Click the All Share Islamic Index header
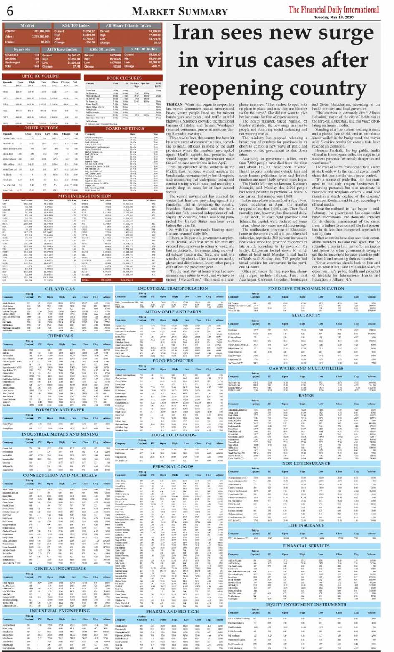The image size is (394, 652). pyautogui.click(x=128, y=25)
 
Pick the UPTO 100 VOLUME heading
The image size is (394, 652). pyautogui.click(x=40, y=76)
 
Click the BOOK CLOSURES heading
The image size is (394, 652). pyautogui.click(x=124, y=78)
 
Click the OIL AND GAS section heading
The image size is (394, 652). pyautogui.click(x=59, y=289)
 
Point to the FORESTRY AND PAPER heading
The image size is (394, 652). pyautogui.click(x=59, y=410)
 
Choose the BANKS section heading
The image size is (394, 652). pyautogui.click(x=306, y=396)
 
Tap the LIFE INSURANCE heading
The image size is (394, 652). pyautogui.click(x=306, y=525)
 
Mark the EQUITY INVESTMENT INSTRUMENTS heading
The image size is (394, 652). pyautogui.click(x=306, y=604)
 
